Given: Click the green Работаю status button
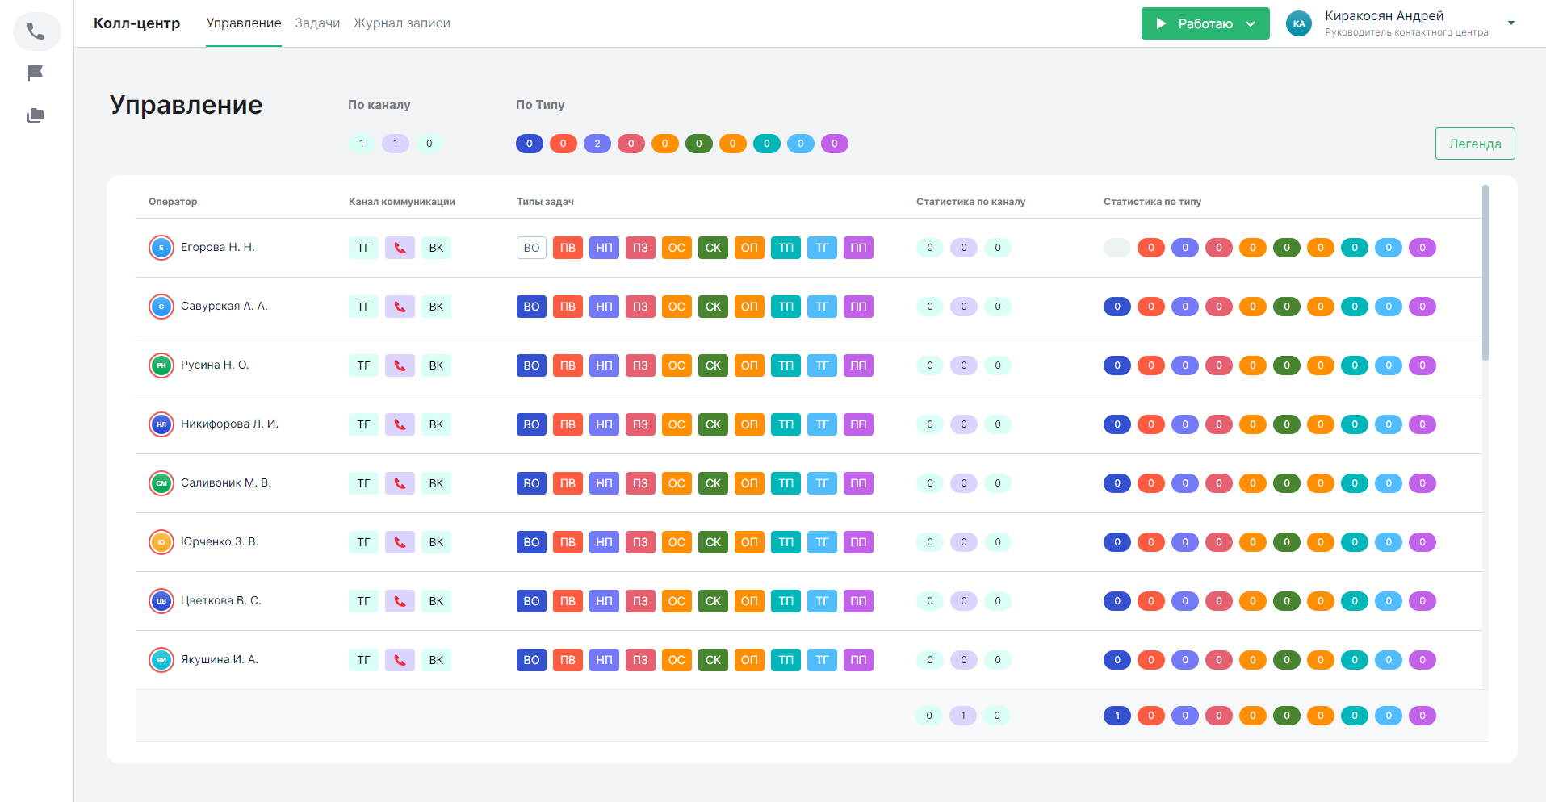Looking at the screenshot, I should pyautogui.click(x=1205, y=23).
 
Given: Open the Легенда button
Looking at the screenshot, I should pyautogui.click(x=1474, y=144).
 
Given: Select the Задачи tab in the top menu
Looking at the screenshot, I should pyautogui.click(x=317, y=23).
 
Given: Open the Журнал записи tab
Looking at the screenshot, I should pyautogui.click(x=402, y=23).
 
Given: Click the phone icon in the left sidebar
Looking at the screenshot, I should pyautogui.click(x=36, y=31).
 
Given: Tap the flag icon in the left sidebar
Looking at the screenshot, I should pyautogui.click(x=36, y=73).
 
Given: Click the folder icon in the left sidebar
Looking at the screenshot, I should pyautogui.click(x=36, y=115).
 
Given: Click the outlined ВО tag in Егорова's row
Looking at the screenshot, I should pyautogui.click(x=531, y=248).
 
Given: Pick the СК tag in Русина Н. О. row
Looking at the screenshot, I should pyautogui.click(x=713, y=365).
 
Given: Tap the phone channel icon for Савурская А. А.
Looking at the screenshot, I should pyautogui.click(x=400, y=307).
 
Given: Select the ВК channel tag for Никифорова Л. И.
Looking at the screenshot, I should pyautogui.click(x=436, y=424).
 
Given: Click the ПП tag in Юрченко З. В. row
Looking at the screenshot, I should pyautogui.click(x=858, y=542).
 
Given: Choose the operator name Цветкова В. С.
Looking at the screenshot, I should pyautogui.click(x=220, y=601).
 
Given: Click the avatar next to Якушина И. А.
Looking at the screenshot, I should pyautogui.click(x=161, y=660).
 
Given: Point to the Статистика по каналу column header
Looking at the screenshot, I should pyautogui.click(x=970, y=202).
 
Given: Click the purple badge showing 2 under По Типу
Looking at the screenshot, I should pyautogui.click(x=597, y=144).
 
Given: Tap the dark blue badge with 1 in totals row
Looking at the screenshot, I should pyautogui.click(x=1117, y=716).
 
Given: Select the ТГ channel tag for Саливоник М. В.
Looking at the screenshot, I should pyautogui.click(x=363, y=483).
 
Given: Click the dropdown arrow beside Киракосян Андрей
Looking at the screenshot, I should pyautogui.click(x=1511, y=23).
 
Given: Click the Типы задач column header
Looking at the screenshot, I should pyautogui.click(x=545, y=202).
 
